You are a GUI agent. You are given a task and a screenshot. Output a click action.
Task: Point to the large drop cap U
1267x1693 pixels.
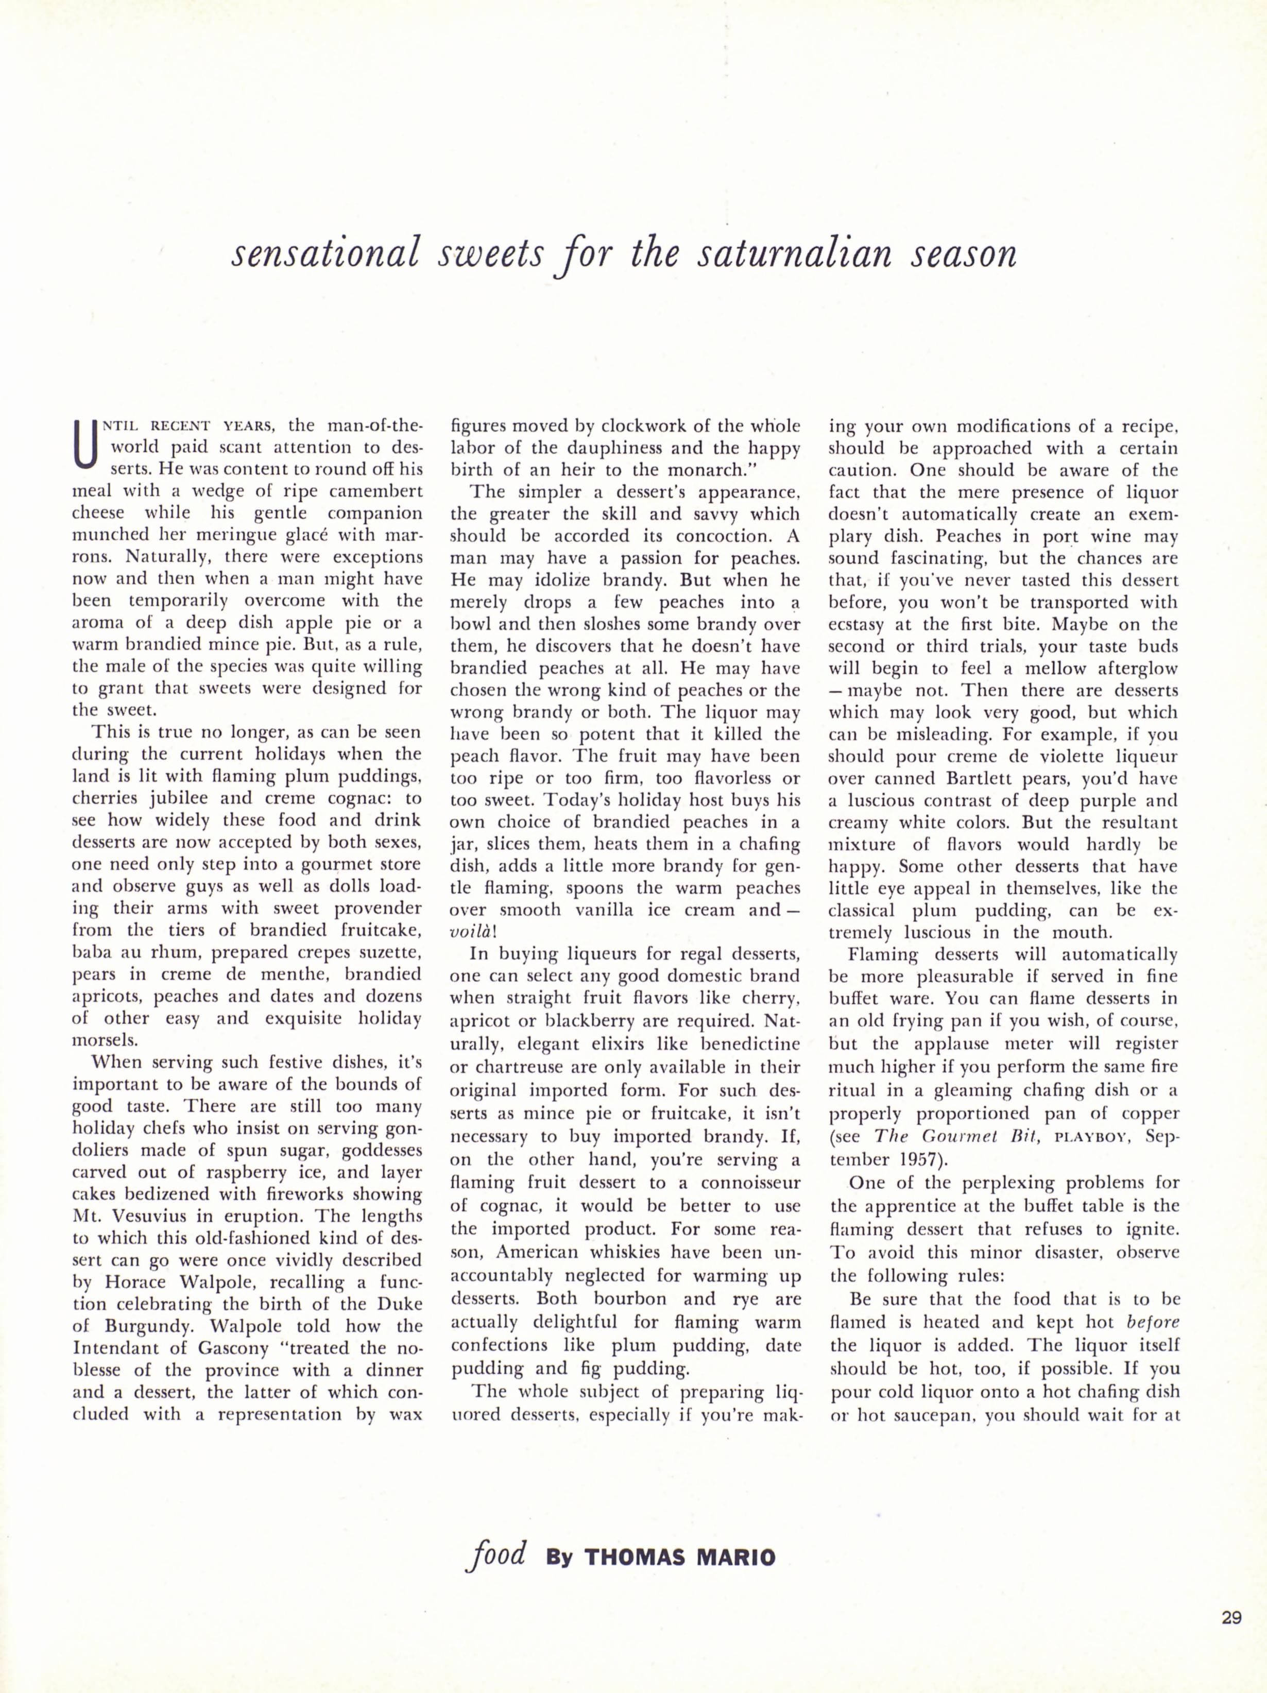coord(85,446)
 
